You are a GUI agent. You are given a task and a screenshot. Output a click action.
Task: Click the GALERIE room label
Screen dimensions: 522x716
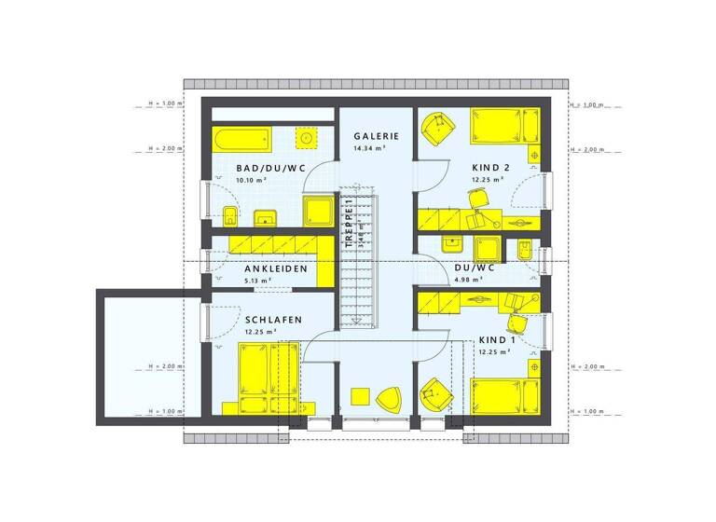tap(376, 135)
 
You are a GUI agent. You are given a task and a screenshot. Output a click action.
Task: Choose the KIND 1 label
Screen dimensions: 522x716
tap(493, 340)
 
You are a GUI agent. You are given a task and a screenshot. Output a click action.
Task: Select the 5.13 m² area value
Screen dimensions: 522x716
tap(257, 281)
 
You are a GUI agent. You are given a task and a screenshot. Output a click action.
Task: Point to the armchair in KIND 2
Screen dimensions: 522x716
tap(435, 128)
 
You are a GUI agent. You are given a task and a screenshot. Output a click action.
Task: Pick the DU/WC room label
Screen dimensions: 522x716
tap(475, 267)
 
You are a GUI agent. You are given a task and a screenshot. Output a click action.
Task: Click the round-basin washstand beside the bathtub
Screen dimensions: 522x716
tap(305, 139)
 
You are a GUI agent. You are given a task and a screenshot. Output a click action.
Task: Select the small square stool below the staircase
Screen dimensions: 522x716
tap(359, 395)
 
